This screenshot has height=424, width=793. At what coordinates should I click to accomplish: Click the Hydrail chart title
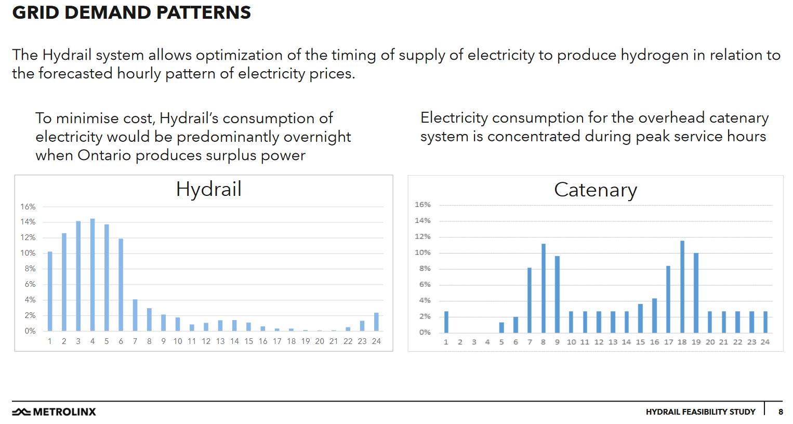tap(208, 189)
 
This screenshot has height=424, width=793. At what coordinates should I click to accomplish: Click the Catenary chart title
tap(595, 190)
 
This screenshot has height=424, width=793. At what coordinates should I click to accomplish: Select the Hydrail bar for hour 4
tap(92, 275)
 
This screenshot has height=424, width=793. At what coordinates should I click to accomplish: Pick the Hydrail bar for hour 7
tap(135, 315)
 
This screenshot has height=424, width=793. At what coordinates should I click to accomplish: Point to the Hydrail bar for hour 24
tap(376, 322)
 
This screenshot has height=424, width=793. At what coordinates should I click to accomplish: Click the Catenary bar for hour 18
tap(682, 287)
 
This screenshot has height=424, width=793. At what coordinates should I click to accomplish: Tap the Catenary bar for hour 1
tap(446, 322)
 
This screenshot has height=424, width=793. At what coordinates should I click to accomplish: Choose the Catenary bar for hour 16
tap(654, 315)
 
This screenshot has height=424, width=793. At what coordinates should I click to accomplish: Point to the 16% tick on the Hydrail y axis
tap(28, 207)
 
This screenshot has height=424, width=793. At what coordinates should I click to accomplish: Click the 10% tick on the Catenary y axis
tap(422, 253)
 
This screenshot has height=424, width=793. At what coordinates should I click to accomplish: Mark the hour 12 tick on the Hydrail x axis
tap(206, 341)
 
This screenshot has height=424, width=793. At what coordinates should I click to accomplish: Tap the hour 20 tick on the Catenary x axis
tap(710, 342)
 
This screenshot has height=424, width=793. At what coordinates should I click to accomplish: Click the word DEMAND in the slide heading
tap(108, 12)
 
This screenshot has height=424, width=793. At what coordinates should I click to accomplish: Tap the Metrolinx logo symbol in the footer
tap(21, 412)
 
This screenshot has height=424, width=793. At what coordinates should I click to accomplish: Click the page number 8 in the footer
tap(781, 412)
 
